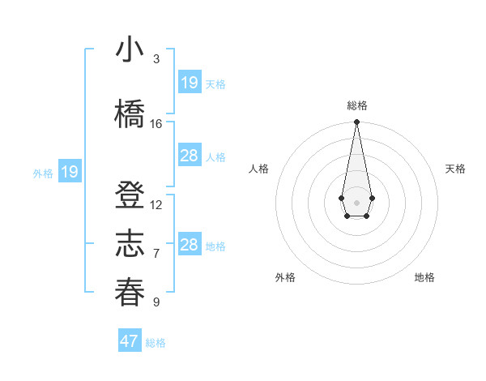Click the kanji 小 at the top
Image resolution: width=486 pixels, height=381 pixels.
[x=130, y=50]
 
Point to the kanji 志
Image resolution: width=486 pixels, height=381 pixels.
[x=130, y=244]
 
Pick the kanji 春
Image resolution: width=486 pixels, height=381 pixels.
[x=130, y=292]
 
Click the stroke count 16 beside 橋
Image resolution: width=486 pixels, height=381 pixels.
[x=156, y=124]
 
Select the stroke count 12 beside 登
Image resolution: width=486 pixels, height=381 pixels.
[x=156, y=205]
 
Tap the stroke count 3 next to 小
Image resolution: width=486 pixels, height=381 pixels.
[x=156, y=59]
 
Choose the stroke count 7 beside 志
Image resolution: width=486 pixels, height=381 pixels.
[x=156, y=253]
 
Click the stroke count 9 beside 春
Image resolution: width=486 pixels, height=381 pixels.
[x=156, y=302]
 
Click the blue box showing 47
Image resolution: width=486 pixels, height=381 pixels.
[x=130, y=341]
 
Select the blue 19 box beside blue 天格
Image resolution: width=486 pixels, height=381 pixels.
[x=190, y=83]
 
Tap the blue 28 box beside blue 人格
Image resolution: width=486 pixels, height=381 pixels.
[x=190, y=156]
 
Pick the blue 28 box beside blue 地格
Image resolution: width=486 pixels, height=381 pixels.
[x=190, y=245]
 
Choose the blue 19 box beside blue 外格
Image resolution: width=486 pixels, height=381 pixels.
[x=70, y=172]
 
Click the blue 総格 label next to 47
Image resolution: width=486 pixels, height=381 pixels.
[x=156, y=343]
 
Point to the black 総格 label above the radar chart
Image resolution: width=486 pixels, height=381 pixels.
[x=356, y=105]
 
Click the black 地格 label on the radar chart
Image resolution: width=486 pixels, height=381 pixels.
[x=424, y=277]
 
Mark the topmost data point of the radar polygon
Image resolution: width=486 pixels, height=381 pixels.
[x=356, y=122]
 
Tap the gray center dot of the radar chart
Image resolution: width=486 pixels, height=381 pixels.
[x=356, y=201]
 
